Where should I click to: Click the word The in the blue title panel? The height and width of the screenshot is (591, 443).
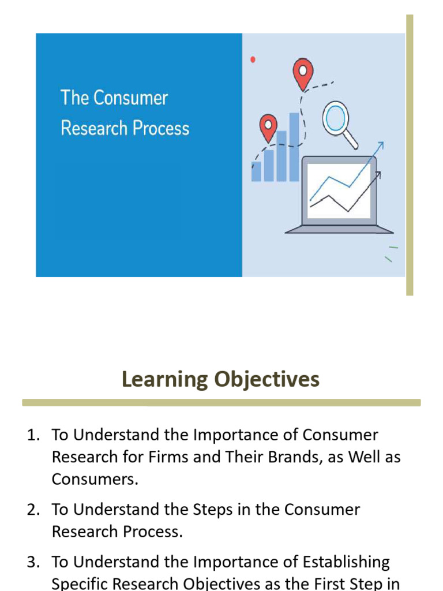(74, 98)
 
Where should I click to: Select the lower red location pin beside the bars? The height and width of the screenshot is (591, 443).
(268, 126)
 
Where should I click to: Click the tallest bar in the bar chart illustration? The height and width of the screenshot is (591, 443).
(294, 147)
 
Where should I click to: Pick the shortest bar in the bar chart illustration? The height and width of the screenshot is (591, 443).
(256, 171)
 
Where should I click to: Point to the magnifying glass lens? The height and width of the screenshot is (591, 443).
(335, 118)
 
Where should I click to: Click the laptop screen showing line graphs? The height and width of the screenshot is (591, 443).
(339, 190)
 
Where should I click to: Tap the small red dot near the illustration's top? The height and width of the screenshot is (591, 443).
(253, 59)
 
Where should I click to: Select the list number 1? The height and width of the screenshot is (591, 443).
(32, 435)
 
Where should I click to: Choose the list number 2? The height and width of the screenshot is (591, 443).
(32, 510)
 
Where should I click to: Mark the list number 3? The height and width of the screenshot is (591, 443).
(32, 562)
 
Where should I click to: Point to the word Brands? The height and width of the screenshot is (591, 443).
(292, 457)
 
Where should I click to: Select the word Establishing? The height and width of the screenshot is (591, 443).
(346, 562)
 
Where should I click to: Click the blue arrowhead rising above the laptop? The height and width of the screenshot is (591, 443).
(380, 145)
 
